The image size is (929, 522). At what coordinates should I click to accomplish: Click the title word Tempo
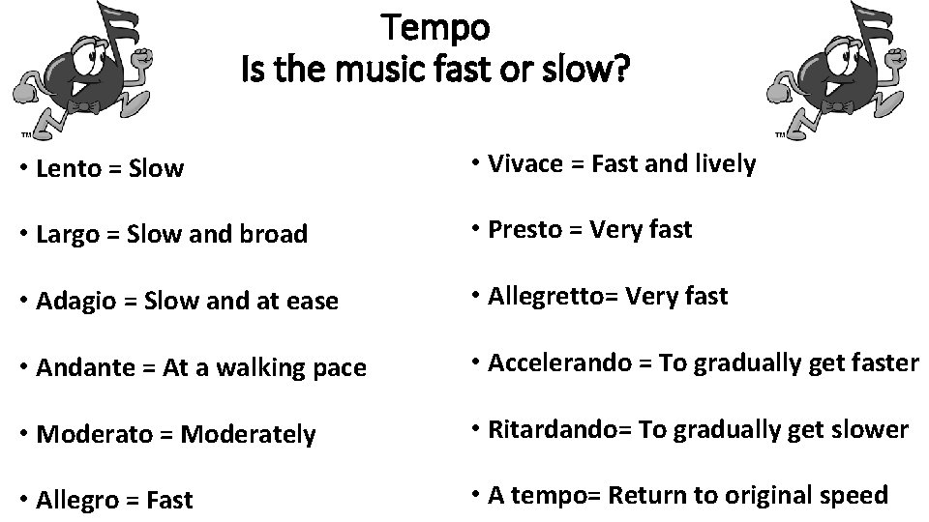436,27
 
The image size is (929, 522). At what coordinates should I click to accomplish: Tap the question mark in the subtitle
620,71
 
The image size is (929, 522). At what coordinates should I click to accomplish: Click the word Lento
69,169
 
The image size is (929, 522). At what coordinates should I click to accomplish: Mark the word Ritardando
547,429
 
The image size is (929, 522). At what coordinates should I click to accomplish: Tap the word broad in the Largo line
276,235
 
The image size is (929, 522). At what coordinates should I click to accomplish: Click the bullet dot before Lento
22,169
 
